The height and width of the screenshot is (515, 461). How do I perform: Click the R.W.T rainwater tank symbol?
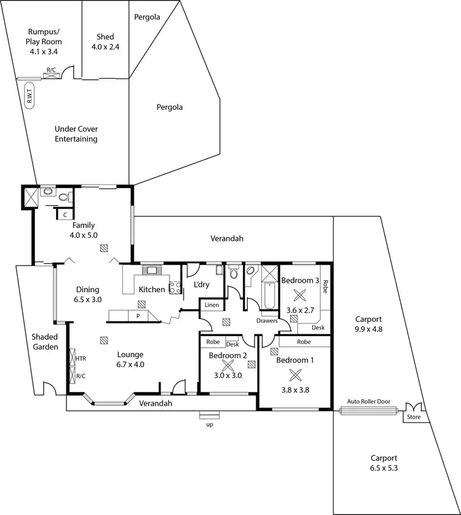click(29, 97)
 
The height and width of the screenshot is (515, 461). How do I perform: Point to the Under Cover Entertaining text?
click(76, 134)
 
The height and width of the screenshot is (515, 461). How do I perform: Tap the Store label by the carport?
click(411, 417)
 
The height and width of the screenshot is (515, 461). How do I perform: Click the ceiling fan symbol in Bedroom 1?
click(296, 375)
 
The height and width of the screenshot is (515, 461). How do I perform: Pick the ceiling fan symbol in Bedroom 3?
click(299, 294)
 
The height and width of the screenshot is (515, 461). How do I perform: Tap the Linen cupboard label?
click(211, 305)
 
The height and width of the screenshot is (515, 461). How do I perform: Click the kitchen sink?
click(151, 269)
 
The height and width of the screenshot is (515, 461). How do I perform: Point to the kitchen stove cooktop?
click(174, 286)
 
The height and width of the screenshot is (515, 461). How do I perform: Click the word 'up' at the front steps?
click(210, 424)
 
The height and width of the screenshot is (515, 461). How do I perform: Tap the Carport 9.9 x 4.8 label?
click(369, 324)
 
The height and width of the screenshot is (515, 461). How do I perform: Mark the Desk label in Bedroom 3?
click(318, 328)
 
